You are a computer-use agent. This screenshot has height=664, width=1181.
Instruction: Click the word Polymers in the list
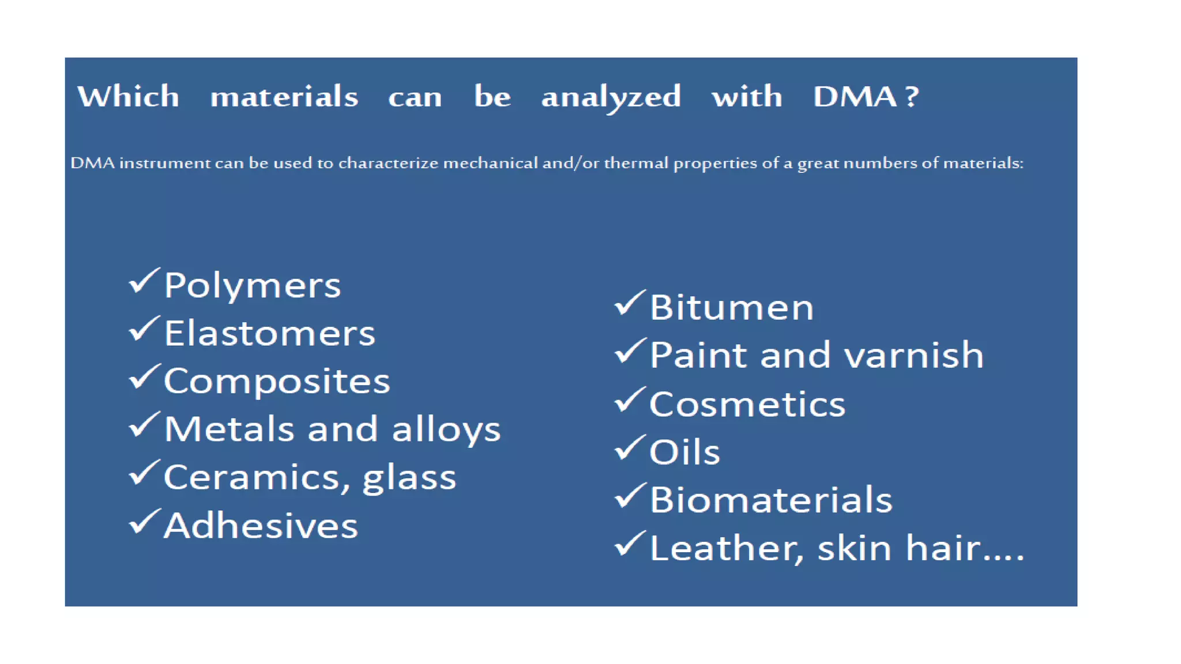tap(252, 286)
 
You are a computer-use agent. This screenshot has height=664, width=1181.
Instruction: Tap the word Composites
tap(277, 382)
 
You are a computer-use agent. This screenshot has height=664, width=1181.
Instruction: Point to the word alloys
tap(446, 430)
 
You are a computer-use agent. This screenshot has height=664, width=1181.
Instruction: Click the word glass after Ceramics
tap(409, 478)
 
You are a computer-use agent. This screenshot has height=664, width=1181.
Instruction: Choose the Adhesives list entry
tap(261, 526)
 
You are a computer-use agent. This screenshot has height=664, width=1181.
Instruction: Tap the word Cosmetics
tap(747, 404)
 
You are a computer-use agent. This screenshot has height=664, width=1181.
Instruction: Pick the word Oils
tap(684, 452)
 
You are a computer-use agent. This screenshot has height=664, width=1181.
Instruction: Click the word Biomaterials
tap(770, 500)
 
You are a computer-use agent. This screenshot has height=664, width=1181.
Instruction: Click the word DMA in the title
tap(855, 96)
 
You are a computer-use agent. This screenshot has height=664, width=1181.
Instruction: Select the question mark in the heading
tap(912, 96)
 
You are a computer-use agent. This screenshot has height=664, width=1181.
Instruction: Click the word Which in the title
tap(128, 96)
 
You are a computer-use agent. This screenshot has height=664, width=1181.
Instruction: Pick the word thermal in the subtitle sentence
tap(636, 163)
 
